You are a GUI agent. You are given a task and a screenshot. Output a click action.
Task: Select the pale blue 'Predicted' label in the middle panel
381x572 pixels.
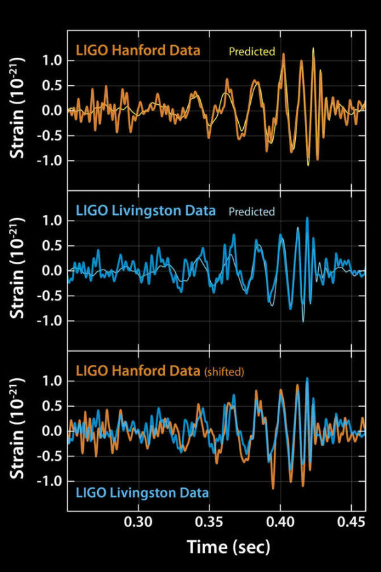click(251, 212)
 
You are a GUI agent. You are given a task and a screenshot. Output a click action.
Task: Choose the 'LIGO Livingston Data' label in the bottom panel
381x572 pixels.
click(142, 492)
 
